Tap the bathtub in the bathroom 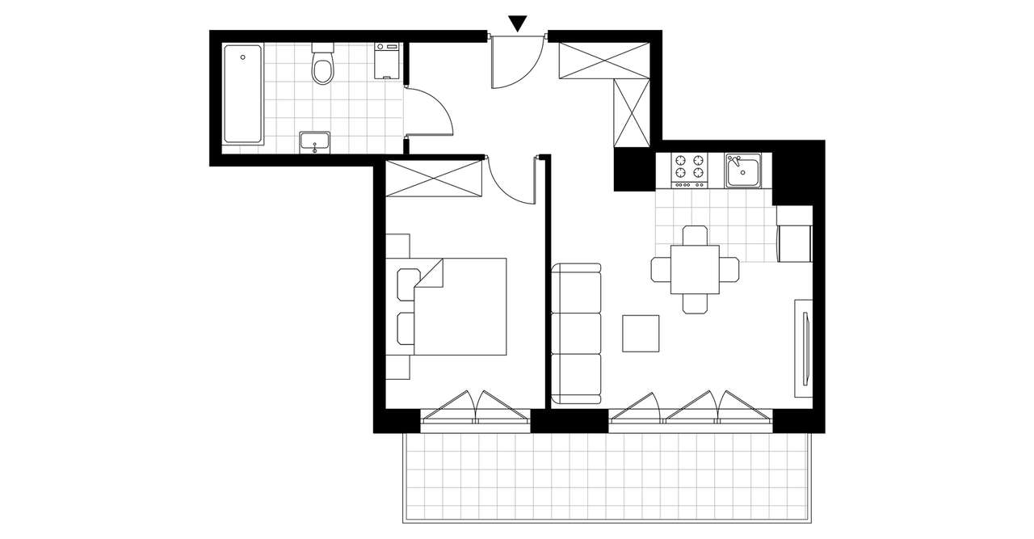coord(242,95)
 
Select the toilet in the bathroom coord(323,66)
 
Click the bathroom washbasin coord(314,141)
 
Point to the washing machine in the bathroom coord(389,61)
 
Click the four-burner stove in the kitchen coord(689,170)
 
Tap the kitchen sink coord(742,171)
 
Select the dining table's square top coord(695,270)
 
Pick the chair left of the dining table coord(661,269)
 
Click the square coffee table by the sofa coord(642,333)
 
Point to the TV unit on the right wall coord(804,347)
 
